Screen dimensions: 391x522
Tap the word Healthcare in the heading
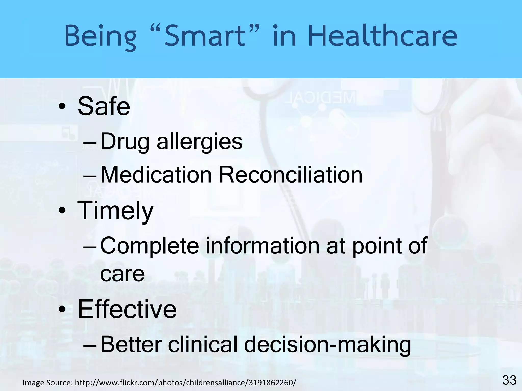(x=383, y=36)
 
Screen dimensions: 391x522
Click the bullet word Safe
(x=104, y=106)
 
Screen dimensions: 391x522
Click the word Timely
(x=115, y=211)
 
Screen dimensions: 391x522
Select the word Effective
(x=127, y=309)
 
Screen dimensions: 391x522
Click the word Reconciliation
(x=291, y=175)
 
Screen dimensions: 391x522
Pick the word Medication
(x=156, y=175)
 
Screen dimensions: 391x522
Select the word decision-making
(x=328, y=344)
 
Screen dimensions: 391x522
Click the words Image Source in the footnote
(x=47, y=382)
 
